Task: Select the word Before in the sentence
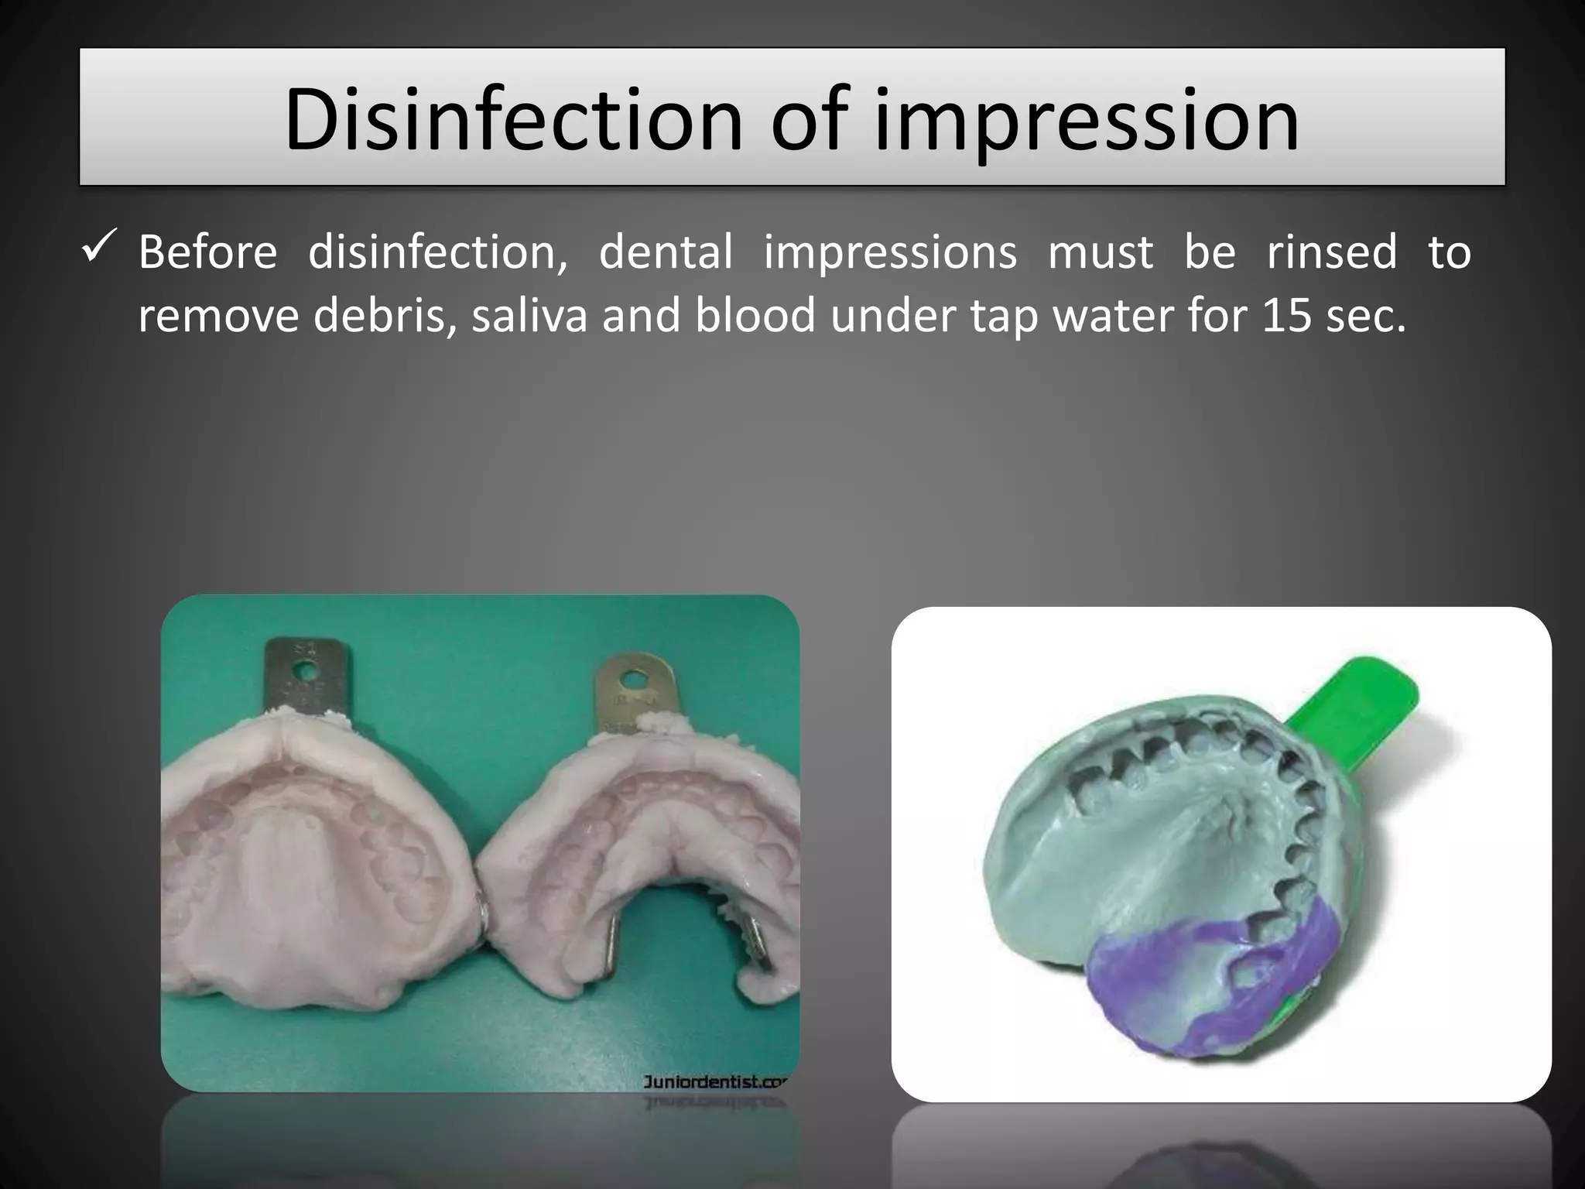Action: (207, 252)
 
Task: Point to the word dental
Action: (666, 252)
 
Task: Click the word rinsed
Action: (1331, 252)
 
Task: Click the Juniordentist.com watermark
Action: (714, 1081)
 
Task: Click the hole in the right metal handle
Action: (634, 680)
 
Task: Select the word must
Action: (1100, 252)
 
